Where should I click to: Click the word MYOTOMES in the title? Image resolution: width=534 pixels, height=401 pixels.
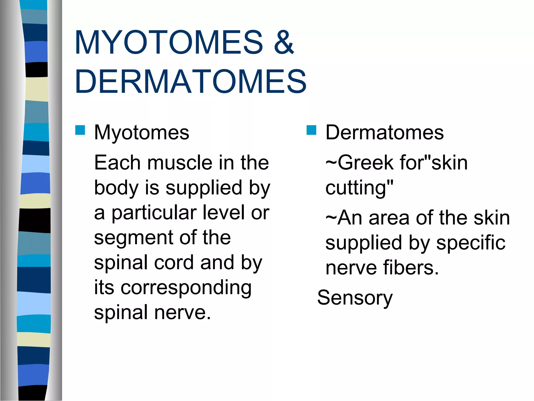(x=169, y=42)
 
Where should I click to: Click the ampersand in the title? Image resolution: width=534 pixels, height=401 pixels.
(x=284, y=42)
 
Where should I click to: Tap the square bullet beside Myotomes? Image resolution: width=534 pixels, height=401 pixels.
(x=80, y=130)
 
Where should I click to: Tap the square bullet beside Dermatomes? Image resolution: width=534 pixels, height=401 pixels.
(x=311, y=130)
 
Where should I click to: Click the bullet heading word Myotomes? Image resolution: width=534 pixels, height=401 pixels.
(x=142, y=133)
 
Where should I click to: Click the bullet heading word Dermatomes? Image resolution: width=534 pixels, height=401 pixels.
(x=384, y=133)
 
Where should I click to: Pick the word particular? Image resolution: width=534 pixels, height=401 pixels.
(x=154, y=213)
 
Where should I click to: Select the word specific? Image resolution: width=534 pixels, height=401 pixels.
(x=471, y=243)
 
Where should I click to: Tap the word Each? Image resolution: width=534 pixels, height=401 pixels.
(x=117, y=163)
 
